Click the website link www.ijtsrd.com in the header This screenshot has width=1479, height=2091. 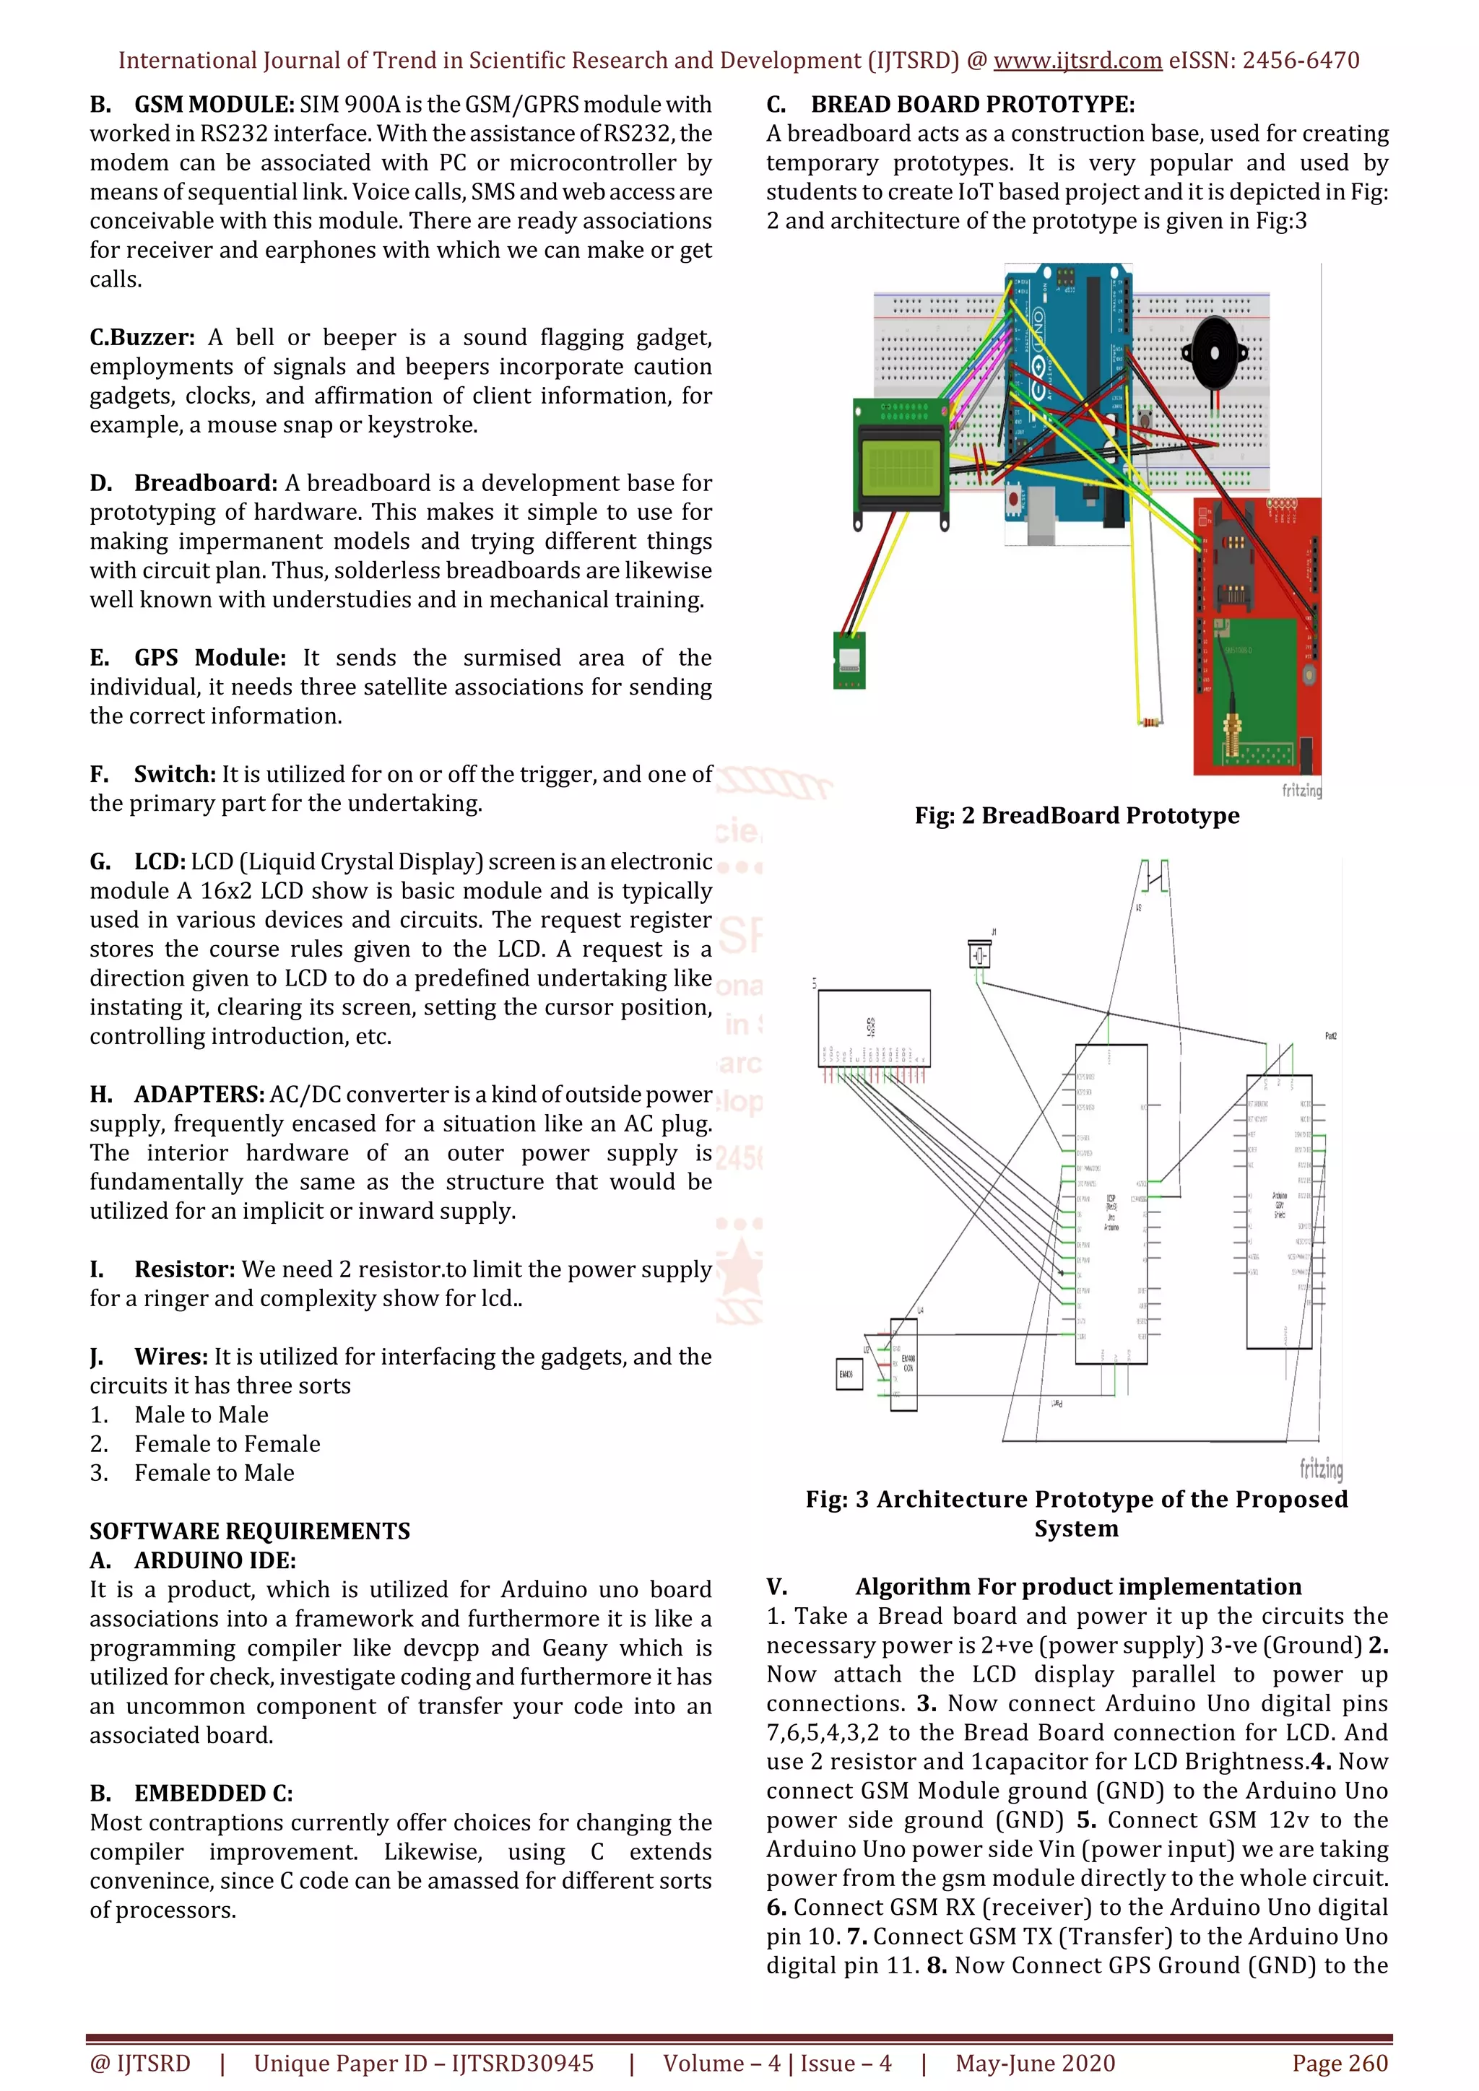coord(1077,61)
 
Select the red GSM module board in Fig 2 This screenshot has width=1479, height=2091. coord(1257,638)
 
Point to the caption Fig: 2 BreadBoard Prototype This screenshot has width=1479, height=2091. coord(1077,815)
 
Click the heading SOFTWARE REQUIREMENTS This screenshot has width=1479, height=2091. coord(250,1531)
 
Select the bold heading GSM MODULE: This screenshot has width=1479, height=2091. coord(214,105)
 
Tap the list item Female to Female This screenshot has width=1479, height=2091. coord(227,1443)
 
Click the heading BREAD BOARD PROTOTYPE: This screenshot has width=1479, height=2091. coord(973,105)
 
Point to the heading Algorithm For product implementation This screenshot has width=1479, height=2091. coord(1077,1586)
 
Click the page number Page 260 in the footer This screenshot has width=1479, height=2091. coord(1339,2063)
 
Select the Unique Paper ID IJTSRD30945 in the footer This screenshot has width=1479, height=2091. coord(423,2063)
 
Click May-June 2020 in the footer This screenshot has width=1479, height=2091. coord(1035,2063)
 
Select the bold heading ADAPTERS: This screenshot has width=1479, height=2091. coord(199,1095)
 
